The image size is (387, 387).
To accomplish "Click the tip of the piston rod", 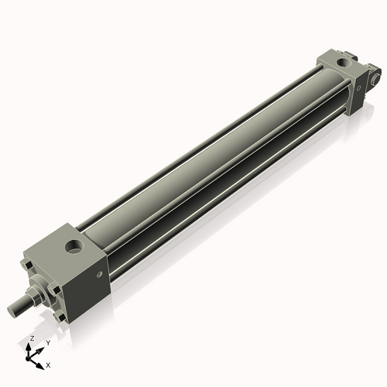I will (x=12, y=310).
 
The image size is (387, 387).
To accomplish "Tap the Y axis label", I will (x=48, y=342).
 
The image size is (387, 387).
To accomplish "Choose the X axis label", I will (x=49, y=364).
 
